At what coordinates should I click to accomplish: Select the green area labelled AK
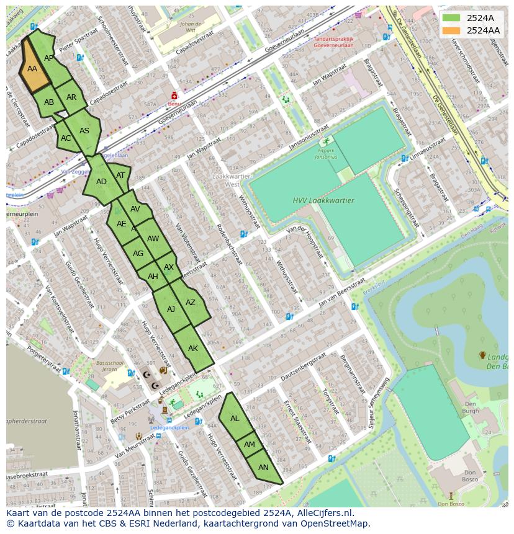coord(193,349)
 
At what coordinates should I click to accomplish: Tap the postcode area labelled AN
coord(263,468)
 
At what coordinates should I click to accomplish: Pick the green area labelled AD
coord(101,182)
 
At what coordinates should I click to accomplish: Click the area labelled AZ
coord(191,303)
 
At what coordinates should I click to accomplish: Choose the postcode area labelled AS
coord(84,131)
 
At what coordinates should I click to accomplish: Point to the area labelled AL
coord(235,419)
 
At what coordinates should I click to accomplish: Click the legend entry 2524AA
coord(483,30)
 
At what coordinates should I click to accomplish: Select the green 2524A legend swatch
coord(451,18)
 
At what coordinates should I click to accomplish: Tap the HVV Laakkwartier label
coord(323,200)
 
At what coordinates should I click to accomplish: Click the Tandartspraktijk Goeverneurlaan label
coord(333,42)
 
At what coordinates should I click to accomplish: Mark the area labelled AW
coord(153,238)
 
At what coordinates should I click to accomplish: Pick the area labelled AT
coord(120,176)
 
